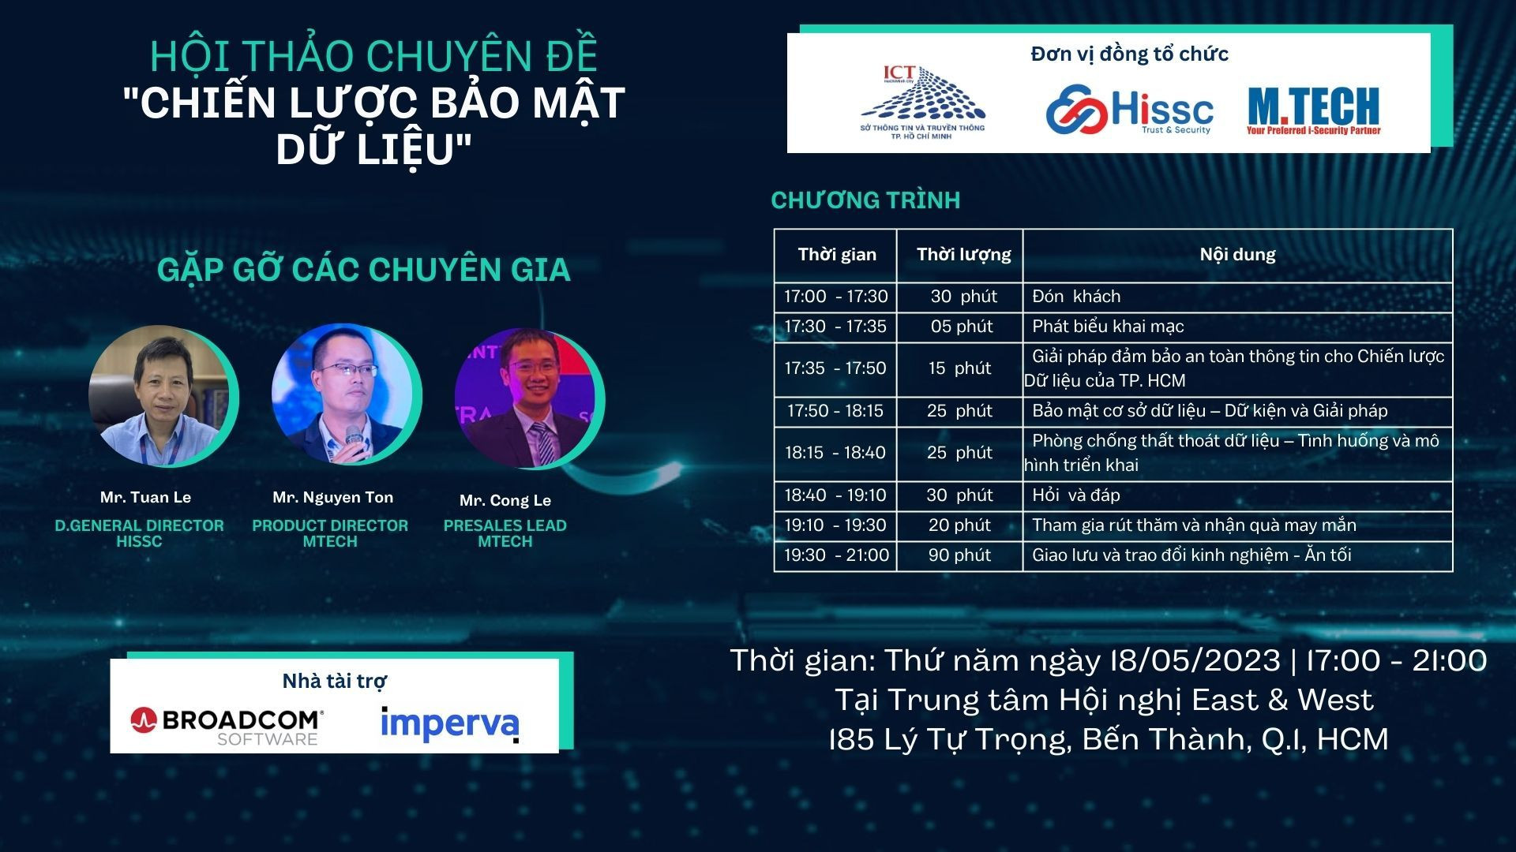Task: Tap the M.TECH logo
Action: (x=1314, y=110)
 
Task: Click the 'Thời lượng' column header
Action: (x=963, y=255)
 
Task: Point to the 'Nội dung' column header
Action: (x=1237, y=255)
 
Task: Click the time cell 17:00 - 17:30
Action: (x=835, y=297)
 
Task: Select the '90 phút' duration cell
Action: (x=959, y=555)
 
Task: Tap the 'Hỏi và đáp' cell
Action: (x=1076, y=495)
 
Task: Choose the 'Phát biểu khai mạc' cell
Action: (x=1108, y=327)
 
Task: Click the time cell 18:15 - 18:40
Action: (x=835, y=453)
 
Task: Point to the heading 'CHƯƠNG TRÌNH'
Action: (x=865, y=200)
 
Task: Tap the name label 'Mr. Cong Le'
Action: (x=505, y=500)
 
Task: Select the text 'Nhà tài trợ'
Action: (x=335, y=681)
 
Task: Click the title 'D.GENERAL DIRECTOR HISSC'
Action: (x=139, y=533)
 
